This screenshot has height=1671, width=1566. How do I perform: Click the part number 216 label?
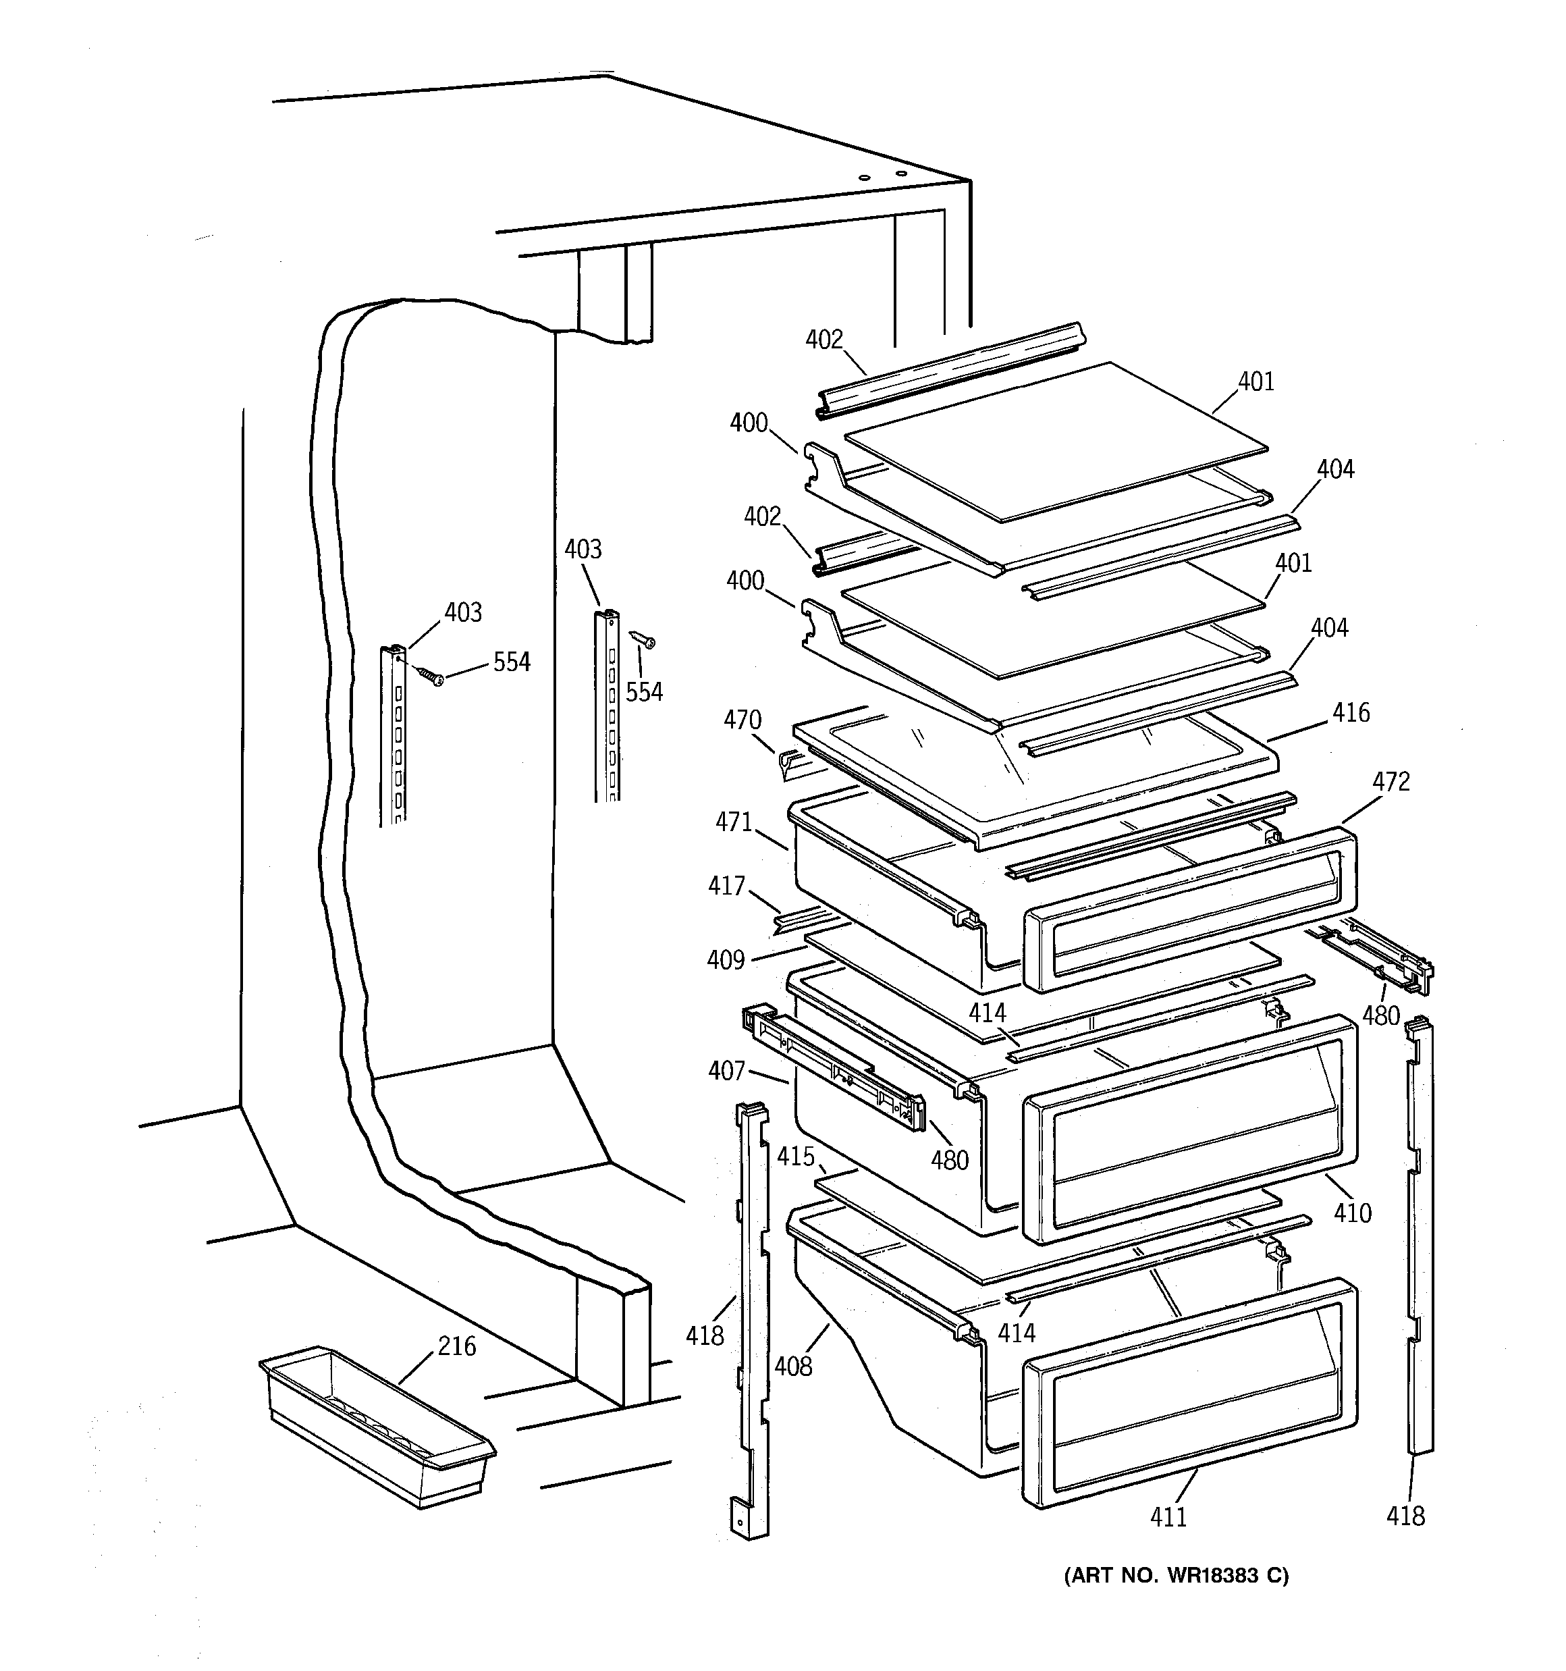click(456, 1346)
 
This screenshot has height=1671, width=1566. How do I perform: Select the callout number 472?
click(1391, 782)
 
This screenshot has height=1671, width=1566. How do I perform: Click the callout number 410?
click(1353, 1212)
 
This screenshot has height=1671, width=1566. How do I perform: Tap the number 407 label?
click(726, 1070)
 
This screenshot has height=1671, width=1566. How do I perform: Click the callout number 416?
click(1351, 713)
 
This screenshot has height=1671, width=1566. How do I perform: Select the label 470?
click(742, 720)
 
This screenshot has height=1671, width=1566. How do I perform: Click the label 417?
click(726, 885)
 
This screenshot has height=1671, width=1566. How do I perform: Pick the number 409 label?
click(726, 959)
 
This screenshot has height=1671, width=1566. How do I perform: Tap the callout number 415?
click(795, 1157)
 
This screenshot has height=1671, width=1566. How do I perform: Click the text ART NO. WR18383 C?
click(1176, 1575)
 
